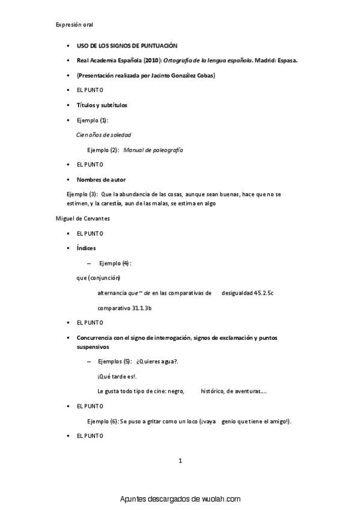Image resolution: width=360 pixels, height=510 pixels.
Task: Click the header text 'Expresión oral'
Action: pos(74,24)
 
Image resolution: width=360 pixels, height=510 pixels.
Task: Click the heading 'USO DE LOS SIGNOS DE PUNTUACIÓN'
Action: pos(127,46)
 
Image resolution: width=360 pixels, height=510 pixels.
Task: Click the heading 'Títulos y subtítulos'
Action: pos(102,105)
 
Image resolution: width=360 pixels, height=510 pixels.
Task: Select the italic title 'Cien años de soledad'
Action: pos(103,135)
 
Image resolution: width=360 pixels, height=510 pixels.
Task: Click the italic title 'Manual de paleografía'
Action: pos(153,150)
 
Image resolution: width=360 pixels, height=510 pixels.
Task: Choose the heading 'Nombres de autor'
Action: pos(101,179)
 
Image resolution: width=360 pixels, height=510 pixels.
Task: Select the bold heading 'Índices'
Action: pos(86,248)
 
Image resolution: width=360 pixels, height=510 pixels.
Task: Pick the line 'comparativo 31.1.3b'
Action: pos(124,308)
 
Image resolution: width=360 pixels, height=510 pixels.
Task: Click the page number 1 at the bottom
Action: pos(180,461)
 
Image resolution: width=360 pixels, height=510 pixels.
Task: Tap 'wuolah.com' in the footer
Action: pos(218,499)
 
